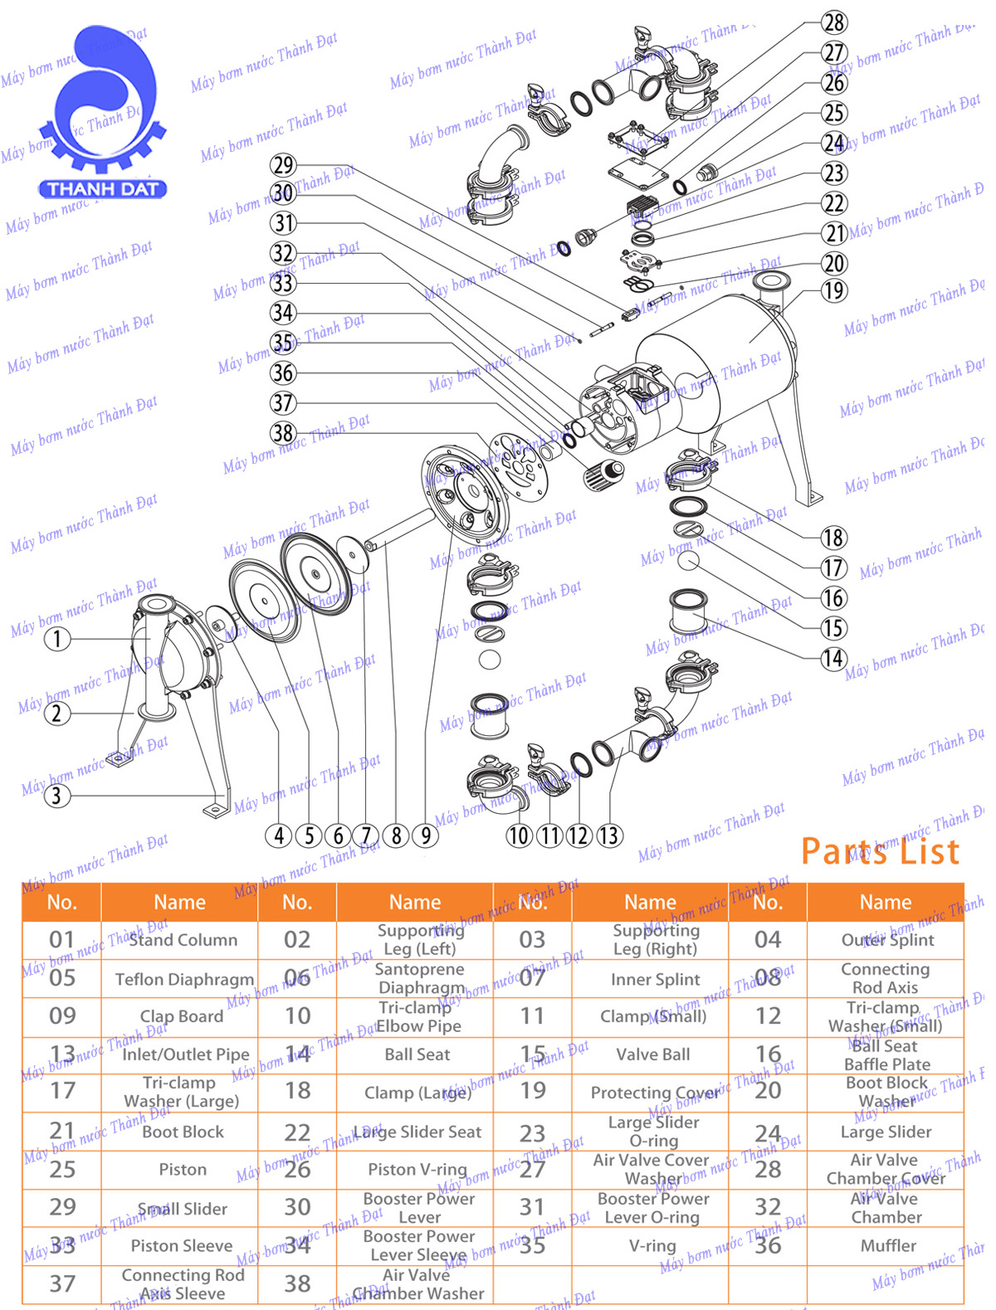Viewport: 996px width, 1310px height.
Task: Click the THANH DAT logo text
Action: (x=102, y=188)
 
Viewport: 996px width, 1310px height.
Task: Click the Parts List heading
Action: (x=880, y=851)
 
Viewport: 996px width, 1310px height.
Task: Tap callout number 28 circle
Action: (x=834, y=22)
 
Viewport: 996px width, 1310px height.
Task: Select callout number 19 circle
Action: (x=834, y=291)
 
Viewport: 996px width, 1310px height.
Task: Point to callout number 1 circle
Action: (x=56, y=639)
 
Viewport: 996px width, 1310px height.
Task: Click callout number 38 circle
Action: (x=283, y=432)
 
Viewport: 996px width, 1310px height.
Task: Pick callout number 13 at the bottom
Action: (x=608, y=835)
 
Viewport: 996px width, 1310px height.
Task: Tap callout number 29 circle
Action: (x=283, y=165)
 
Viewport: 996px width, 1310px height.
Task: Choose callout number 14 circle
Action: (x=834, y=659)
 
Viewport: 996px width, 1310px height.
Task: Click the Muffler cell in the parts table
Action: (x=887, y=1245)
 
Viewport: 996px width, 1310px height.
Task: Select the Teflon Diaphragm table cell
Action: (x=183, y=979)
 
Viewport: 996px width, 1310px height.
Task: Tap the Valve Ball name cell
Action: (x=652, y=1054)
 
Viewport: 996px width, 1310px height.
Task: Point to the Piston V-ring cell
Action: (x=417, y=1169)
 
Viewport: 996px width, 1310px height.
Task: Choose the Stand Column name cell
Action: (x=183, y=940)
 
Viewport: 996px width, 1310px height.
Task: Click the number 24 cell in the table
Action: (x=768, y=1132)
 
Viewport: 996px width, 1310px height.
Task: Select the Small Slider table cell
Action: (x=183, y=1209)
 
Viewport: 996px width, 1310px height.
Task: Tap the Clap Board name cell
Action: (x=182, y=1016)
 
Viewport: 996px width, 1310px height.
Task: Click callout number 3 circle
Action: (x=56, y=796)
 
